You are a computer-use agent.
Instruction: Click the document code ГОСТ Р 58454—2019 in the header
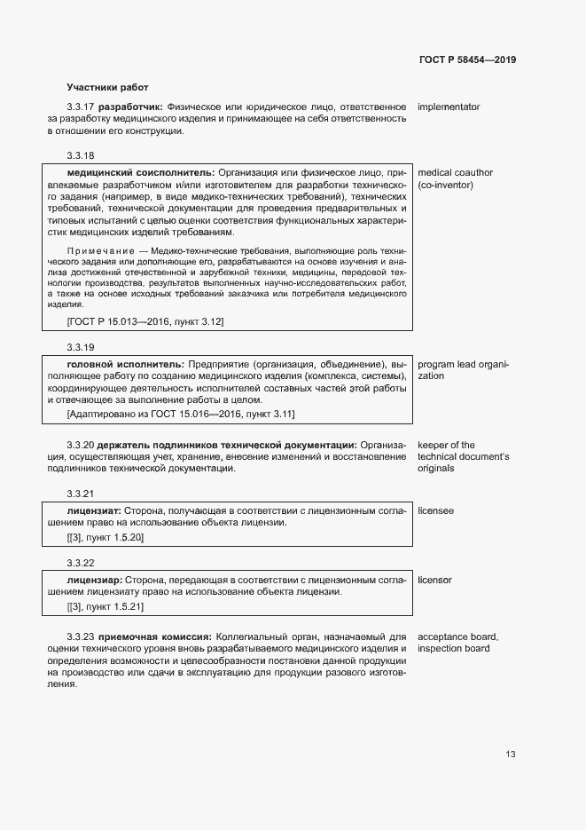pos(466,59)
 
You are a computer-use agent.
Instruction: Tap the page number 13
pos(511,755)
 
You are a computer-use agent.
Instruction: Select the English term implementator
pos(449,107)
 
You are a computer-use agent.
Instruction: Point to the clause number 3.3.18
pos(81,154)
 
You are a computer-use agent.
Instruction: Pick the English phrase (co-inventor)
pos(445,185)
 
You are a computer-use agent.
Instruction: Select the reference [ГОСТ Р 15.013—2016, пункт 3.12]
pos(145,320)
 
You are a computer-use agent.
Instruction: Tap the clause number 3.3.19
pos(81,346)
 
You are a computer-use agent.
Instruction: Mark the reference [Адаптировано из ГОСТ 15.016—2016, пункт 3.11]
pos(181,414)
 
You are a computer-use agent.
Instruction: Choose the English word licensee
pos(436,510)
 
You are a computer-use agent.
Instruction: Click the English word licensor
pos(434,580)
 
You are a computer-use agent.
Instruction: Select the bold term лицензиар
pos(94,580)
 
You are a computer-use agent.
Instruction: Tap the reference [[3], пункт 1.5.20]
pos(105,537)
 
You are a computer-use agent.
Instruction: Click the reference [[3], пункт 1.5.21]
pos(105,606)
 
